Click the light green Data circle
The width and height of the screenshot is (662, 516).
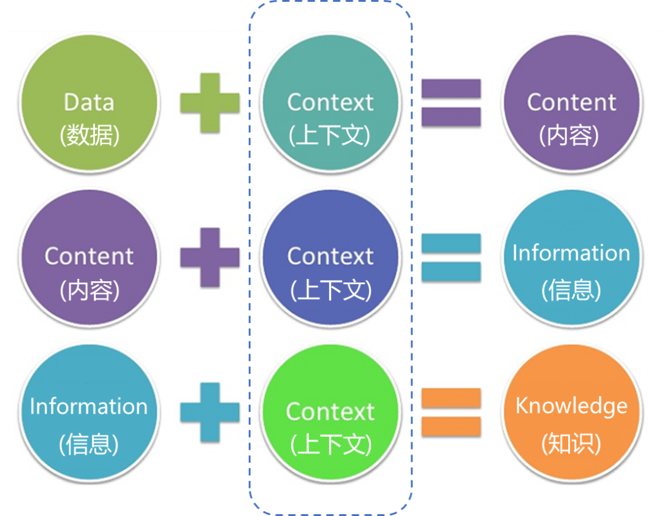(x=89, y=104)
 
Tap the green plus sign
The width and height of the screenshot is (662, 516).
(x=210, y=103)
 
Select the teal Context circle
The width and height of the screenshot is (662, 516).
(x=330, y=104)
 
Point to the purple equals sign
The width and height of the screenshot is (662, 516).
(x=451, y=103)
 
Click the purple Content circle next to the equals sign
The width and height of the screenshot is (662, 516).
(x=571, y=104)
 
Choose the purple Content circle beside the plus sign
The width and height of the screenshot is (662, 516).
(x=89, y=257)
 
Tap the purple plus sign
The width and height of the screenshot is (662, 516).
(x=210, y=257)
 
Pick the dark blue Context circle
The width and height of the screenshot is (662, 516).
(x=330, y=257)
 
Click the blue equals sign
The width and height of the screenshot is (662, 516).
(x=451, y=257)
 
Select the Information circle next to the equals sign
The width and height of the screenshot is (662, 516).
(x=571, y=257)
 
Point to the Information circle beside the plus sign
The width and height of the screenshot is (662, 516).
(x=89, y=411)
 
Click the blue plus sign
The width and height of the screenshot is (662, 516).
(x=210, y=412)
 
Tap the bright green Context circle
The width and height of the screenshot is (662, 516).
(x=330, y=411)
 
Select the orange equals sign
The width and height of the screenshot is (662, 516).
(x=451, y=412)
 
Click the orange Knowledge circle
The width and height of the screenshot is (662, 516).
(x=571, y=411)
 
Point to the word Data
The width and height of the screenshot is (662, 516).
(x=89, y=102)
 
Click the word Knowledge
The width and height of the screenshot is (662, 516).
(x=571, y=406)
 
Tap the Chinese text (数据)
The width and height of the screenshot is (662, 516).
(x=89, y=135)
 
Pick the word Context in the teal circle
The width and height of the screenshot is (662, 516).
(x=330, y=102)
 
